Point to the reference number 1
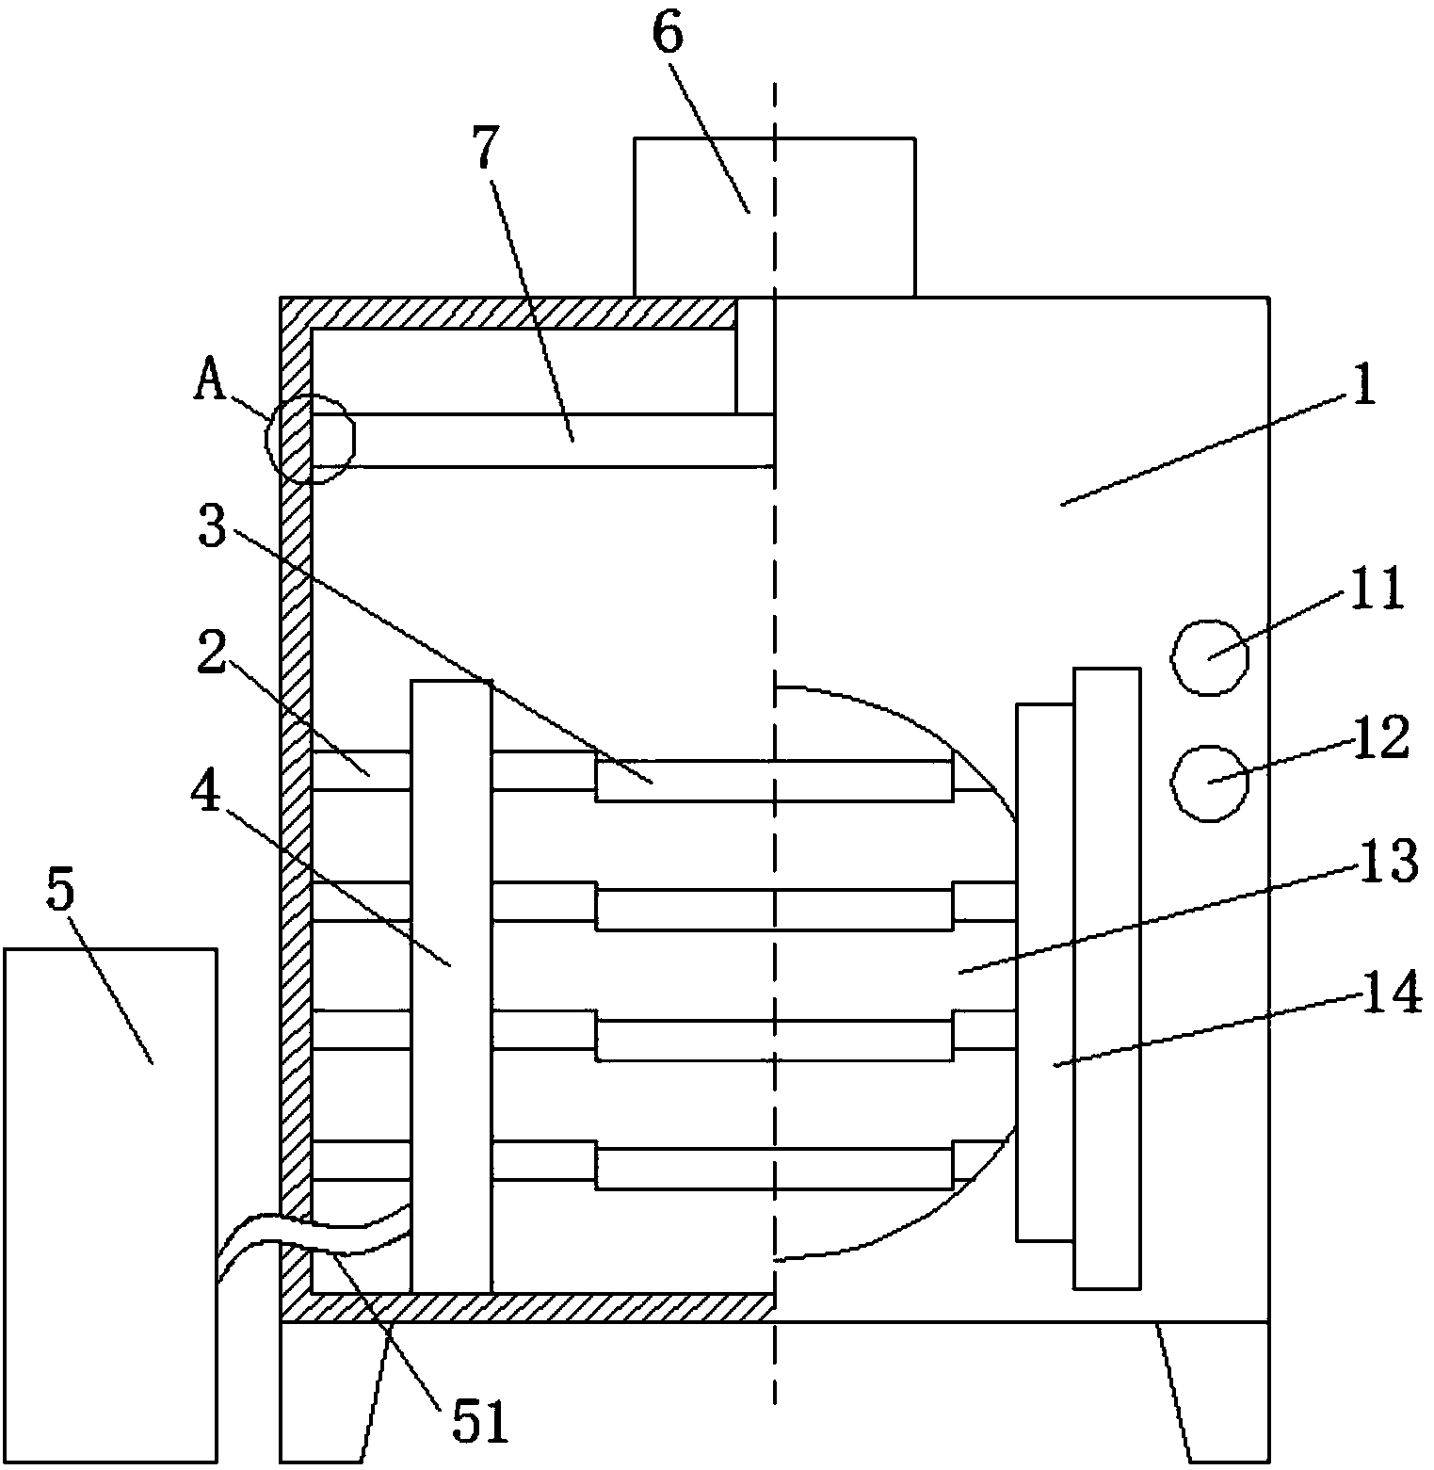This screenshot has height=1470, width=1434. click(x=1363, y=386)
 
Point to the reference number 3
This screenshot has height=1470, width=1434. click(x=213, y=528)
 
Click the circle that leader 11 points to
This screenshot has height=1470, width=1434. click(x=1211, y=657)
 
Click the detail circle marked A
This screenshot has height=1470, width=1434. click(x=311, y=438)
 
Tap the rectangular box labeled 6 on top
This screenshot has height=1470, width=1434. click(x=774, y=218)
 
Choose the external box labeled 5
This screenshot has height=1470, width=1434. click(x=110, y=1206)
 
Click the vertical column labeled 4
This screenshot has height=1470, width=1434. click(x=451, y=985)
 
